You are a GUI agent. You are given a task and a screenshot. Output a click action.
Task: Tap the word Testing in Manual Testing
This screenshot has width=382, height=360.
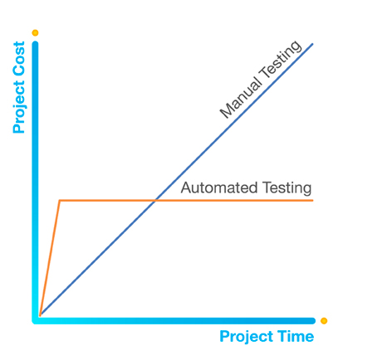click(x=281, y=60)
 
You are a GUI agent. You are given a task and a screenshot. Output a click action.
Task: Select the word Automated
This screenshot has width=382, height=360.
click(x=219, y=187)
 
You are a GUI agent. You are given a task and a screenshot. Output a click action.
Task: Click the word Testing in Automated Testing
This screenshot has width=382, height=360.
click(x=287, y=188)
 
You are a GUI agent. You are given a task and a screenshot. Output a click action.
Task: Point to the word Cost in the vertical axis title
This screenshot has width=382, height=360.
click(x=19, y=60)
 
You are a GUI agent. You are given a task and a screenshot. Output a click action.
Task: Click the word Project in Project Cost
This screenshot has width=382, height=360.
click(x=20, y=107)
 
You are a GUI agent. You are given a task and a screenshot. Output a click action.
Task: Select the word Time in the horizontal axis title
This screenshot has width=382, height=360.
click(x=296, y=336)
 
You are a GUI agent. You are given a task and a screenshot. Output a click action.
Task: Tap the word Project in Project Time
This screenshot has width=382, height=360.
click(x=247, y=337)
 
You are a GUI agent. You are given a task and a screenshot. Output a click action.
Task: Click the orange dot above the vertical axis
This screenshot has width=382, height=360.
click(x=35, y=33)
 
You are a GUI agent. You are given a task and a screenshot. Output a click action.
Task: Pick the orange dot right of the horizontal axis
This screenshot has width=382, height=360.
click(x=324, y=321)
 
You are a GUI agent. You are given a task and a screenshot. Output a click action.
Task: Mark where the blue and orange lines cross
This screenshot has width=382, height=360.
click(x=154, y=200)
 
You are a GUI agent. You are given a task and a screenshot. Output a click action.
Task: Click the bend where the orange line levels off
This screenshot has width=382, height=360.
click(x=60, y=200)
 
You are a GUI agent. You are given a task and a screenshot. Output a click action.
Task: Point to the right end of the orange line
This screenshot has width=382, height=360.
click(x=313, y=200)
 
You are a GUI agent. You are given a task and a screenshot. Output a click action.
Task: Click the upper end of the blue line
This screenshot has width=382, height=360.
click(x=312, y=44)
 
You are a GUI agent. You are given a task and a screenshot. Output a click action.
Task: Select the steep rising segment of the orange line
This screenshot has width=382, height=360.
click(x=50, y=258)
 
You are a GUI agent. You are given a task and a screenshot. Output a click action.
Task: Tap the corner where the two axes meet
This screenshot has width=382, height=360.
click(x=35, y=321)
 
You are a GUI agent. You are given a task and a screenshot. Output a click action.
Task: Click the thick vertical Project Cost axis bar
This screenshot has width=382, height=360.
click(x=35, y=181)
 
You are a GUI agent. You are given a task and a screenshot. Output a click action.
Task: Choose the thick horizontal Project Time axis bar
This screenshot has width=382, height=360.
click(x=174, y=321)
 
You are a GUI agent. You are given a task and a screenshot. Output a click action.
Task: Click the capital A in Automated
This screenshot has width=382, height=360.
click(x=186, y=187)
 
